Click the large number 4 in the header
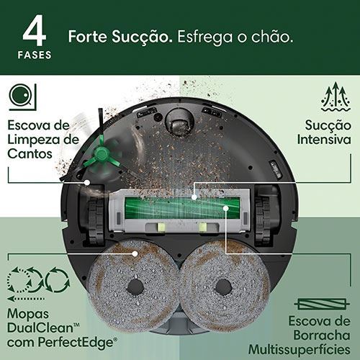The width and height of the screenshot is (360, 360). [34, 30]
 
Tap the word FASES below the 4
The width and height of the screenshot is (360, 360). [35, 55]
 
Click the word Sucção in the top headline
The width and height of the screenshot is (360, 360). [142, 37]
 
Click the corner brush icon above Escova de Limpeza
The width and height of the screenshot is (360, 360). [23, 97]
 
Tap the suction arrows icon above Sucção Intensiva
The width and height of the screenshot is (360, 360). [336, 96]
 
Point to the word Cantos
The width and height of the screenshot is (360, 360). [30, 153]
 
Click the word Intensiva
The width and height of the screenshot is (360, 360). [324, 140]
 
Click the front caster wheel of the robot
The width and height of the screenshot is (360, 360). [179, 122]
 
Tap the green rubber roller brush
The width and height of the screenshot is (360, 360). [182, 208]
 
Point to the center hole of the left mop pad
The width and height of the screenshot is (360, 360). [135, 287]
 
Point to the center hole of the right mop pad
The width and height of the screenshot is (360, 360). [223, 287]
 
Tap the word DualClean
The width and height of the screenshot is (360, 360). [40, 328]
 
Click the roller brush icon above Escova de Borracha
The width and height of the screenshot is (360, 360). [322, 305]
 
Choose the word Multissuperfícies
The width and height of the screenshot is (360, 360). [300, 349]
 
